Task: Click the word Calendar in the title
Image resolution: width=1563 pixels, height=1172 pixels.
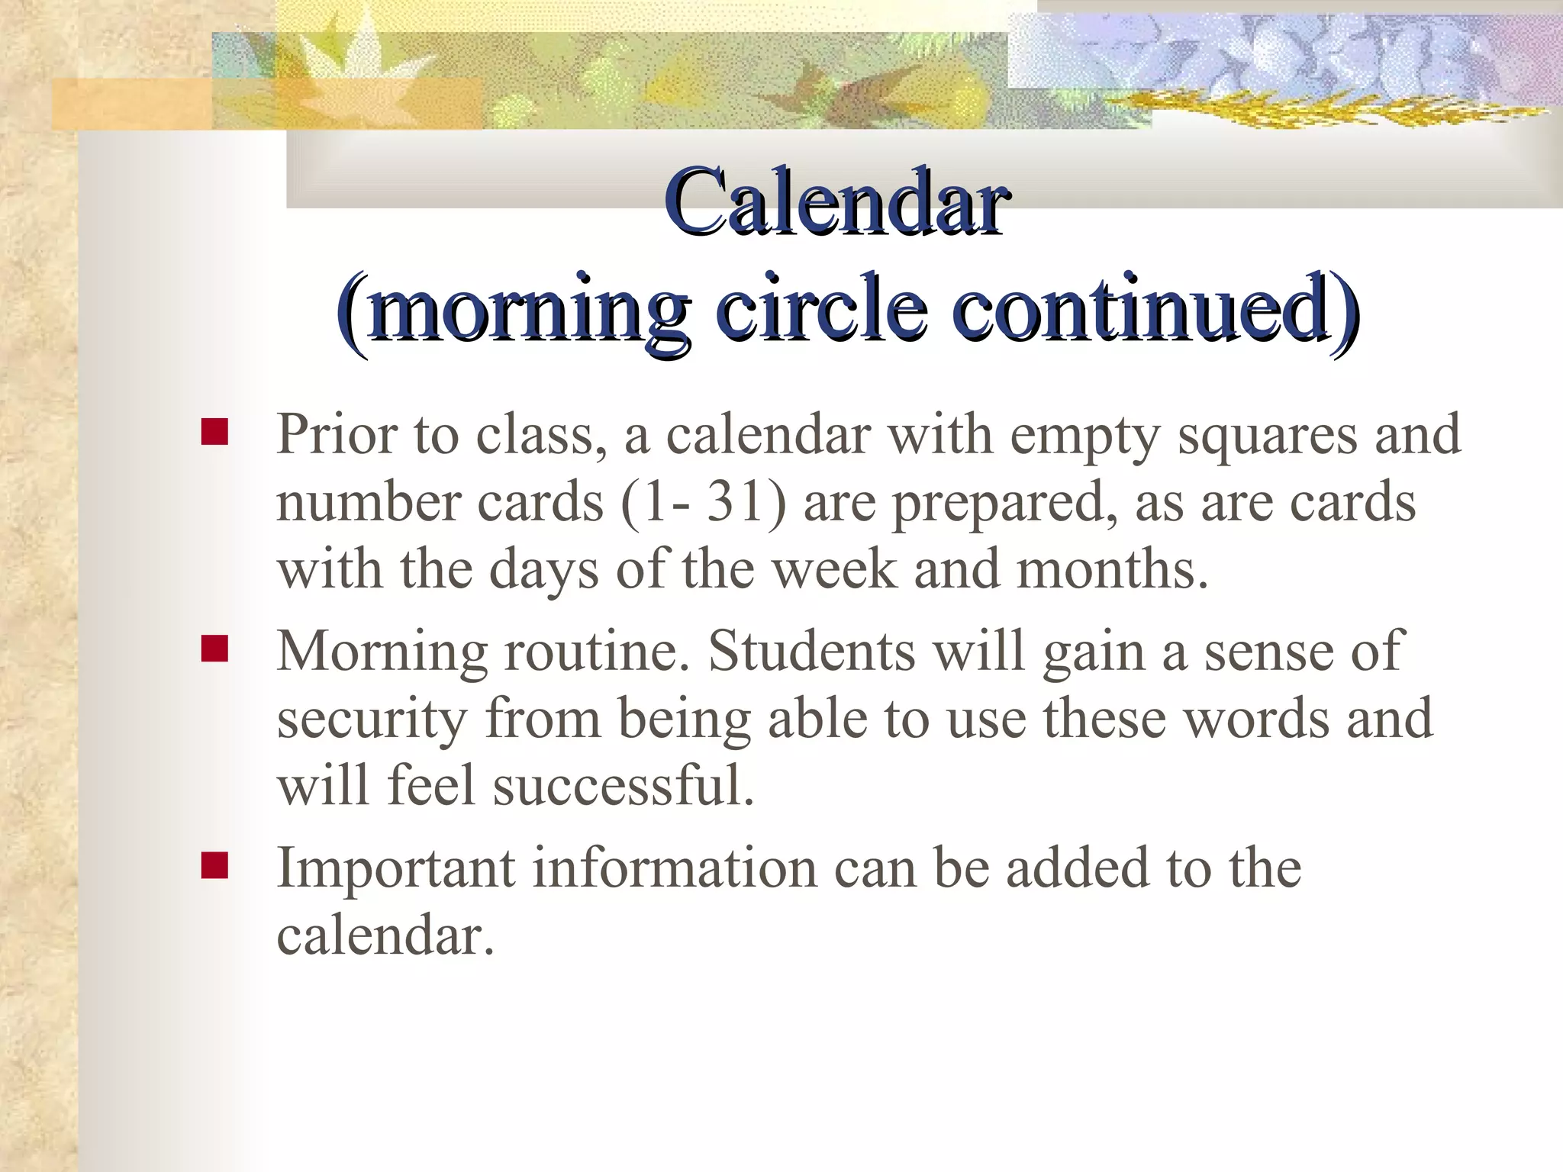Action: click(836, 203)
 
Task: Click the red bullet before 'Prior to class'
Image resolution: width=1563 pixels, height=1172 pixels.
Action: click(214, 432)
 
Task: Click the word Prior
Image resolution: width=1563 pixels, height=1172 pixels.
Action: click(337, 435)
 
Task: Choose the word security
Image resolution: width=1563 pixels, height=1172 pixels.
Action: click(372, 720)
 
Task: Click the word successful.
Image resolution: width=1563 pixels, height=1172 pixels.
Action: click(623, 786)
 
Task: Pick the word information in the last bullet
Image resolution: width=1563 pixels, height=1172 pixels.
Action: click(674, 869)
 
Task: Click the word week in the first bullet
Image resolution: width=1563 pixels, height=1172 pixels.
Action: click(835, 570)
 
